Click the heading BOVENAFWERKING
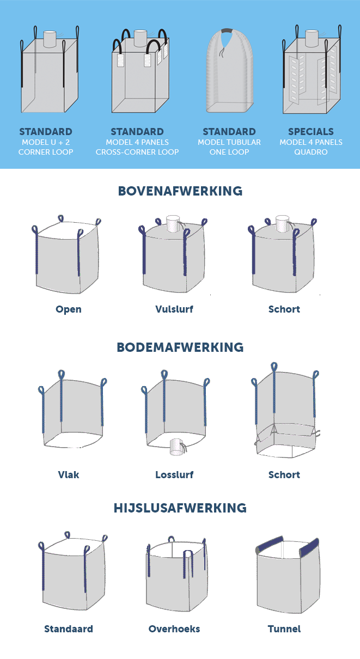[180, 191]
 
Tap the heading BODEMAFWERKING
[180, 347]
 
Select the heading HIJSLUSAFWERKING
[180, 508]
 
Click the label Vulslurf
[174, 309]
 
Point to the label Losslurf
[174, 474]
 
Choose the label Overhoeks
[174, 629]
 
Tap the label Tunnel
[284, 629]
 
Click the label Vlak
[69, 474]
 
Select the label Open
[69, 309]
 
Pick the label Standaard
[69, 629]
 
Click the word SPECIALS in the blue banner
[311, 131]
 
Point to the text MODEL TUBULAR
[229, 142]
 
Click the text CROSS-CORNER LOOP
[137, 152]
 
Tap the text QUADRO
[311, 152]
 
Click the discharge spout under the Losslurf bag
[176, 447]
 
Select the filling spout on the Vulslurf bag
[173, 224]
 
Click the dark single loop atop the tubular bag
[227, 31]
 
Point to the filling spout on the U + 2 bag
[50, 39]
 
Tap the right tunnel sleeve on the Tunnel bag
[309, 547]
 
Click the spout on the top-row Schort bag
[282, 224]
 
